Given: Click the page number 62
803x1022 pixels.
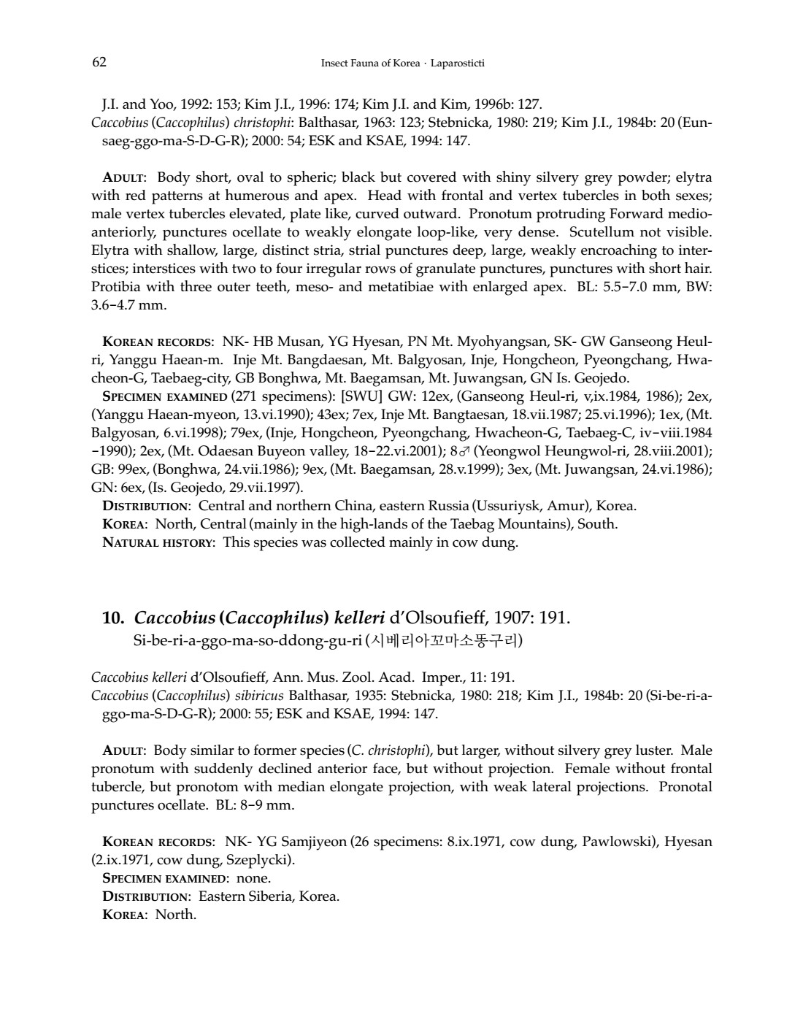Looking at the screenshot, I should [99, 62].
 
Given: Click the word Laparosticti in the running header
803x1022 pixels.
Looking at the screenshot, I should [458, 64].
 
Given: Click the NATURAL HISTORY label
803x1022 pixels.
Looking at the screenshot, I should [159, 542].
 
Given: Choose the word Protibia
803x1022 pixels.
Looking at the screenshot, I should [116, 287].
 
